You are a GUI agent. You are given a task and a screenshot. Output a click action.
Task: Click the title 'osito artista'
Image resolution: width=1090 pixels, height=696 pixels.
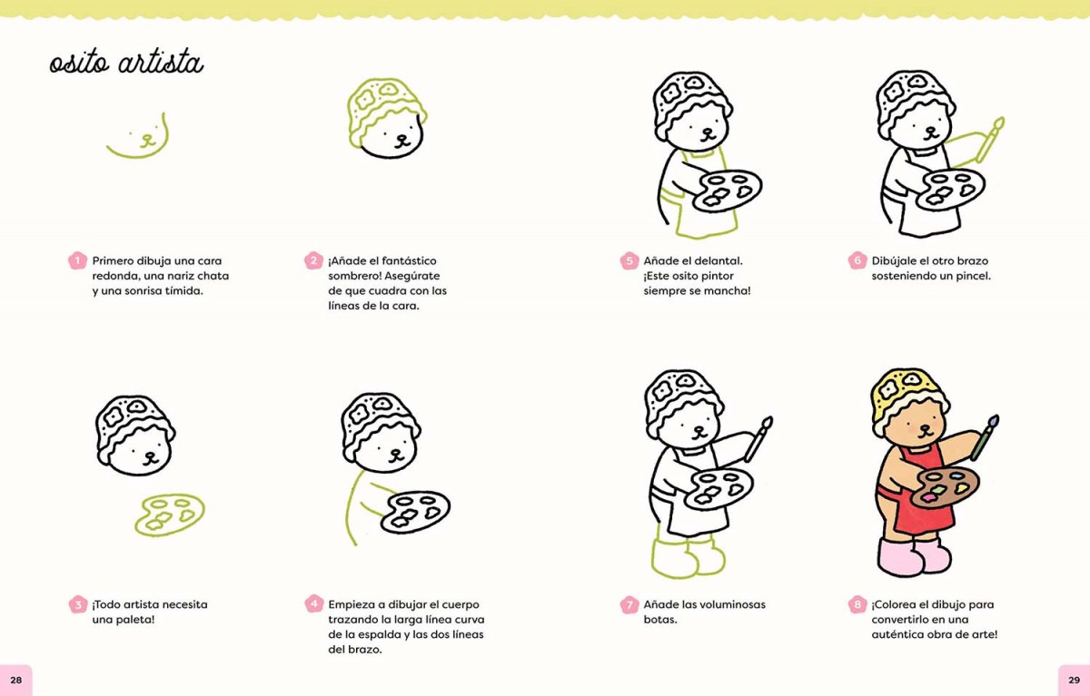126,64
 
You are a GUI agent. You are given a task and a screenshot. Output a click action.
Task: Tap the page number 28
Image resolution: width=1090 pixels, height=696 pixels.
16,680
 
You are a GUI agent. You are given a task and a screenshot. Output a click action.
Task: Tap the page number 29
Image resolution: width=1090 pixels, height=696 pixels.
1074,680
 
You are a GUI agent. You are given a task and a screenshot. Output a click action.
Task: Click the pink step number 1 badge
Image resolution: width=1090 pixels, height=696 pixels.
77,261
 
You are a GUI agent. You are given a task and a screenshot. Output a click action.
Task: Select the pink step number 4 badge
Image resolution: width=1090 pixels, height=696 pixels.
314,604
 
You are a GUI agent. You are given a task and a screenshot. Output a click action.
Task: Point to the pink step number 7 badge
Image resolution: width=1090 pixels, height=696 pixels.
629,604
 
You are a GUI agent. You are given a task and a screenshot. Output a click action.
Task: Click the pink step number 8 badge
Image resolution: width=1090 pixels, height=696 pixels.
857,604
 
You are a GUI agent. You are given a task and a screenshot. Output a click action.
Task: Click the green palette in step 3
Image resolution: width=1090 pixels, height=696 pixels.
170,515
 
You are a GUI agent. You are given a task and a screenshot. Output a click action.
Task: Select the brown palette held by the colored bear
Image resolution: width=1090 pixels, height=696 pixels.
944,487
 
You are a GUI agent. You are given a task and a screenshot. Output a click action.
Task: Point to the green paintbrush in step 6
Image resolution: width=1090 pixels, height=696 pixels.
990,140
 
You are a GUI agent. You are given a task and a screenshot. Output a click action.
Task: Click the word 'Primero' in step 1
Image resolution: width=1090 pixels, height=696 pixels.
113,261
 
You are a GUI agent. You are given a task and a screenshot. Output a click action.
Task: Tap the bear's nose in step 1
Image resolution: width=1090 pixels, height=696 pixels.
146,138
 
